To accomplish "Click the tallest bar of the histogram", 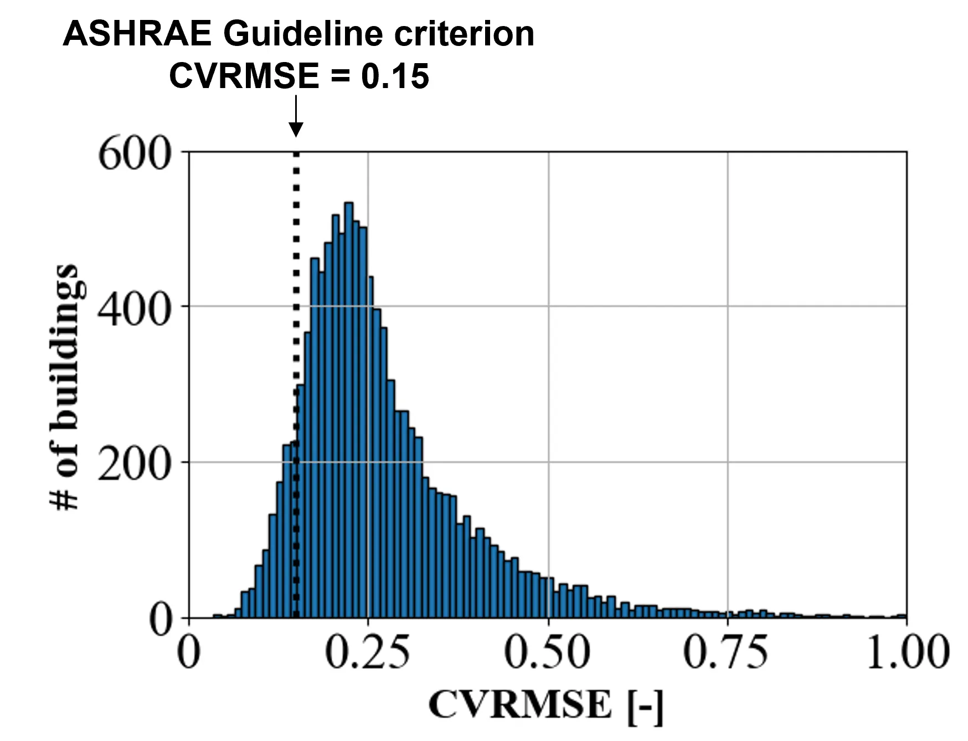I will pyautogui.click(x=349, y=410).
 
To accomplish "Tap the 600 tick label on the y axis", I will pyautogui.click(x=134, y=154).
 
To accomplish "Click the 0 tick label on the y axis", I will pyautogui.click(x=161, y=620).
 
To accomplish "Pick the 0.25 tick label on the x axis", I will pyautogui.click(x=367, y=652).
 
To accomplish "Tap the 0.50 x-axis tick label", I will pyautogui.click(x=547, y=652).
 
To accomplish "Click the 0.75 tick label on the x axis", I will pyautogui.click(x=726, y=652).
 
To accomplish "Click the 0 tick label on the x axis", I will pyautogui.click(x=188, y=652).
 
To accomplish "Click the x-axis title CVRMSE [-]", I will pyautogui.click(x=545, y=705).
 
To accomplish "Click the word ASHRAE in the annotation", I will pyautogui.click(x=137, y=34).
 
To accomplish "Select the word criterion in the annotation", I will pyautogui.click(x=464, y=34).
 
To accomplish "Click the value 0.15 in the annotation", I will pyautogui.click(x=395, y=76).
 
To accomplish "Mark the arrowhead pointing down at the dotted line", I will pyautogui.click(x=296, y=130).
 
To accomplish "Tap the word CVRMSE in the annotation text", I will pyautogui.click(x=244, y=76).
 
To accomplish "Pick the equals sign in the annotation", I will pyautogui.click(x=340, y=76).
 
